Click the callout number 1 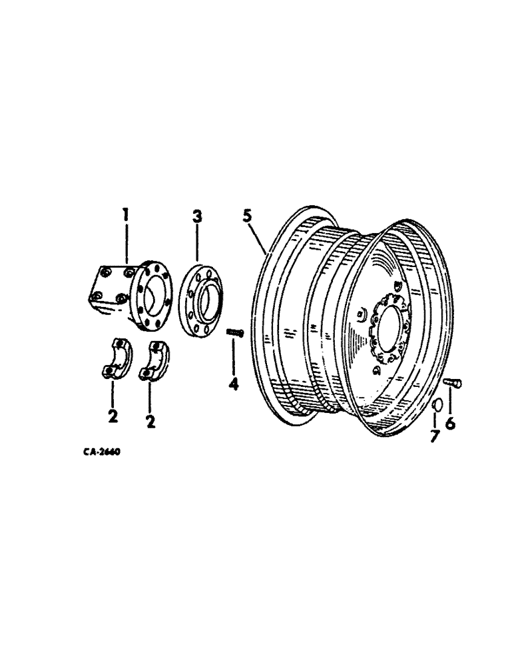click(125, 215)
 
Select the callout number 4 click(233, 385)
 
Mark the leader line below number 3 click(197, 243)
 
